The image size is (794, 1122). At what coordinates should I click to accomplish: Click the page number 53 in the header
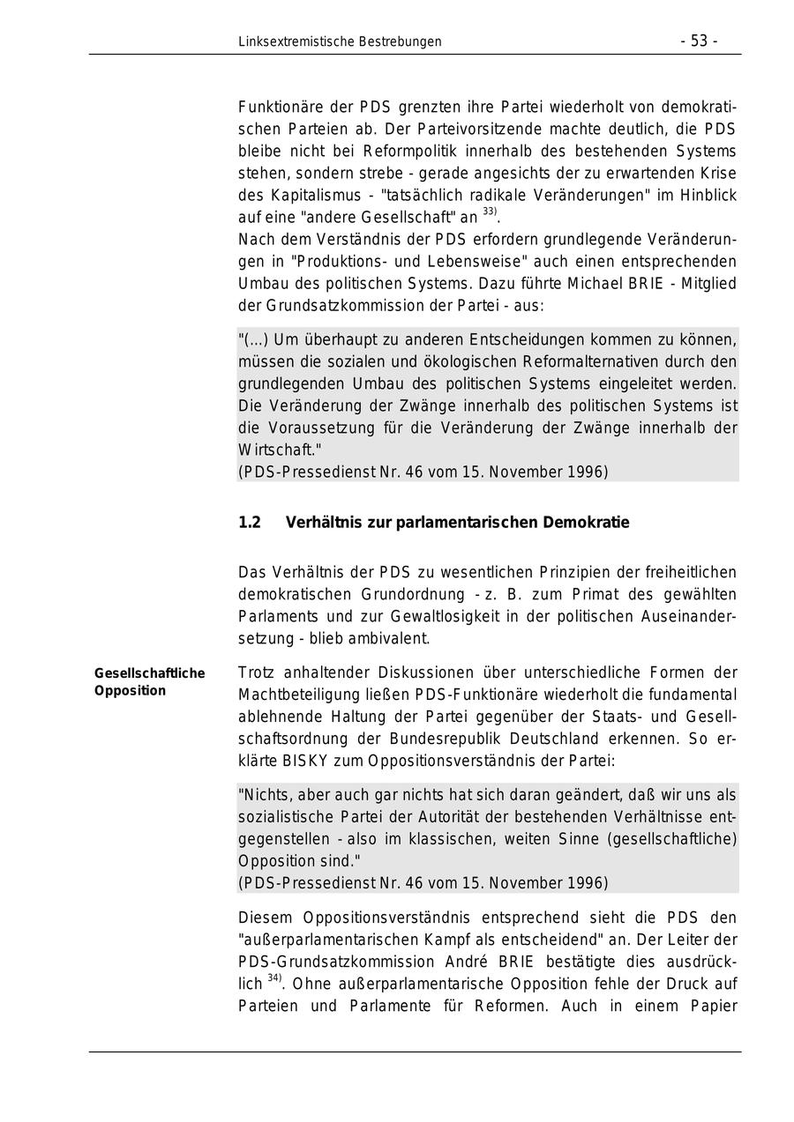pos(699,41)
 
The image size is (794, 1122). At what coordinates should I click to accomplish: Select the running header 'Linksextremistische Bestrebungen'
pos(340,41)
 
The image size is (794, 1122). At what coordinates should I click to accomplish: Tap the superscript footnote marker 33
pos(489,212)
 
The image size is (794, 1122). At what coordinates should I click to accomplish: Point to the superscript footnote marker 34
pos(273,979)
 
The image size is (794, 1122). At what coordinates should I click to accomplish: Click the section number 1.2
pos(250,523)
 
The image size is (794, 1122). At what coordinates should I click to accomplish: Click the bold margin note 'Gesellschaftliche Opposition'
pos(149,682)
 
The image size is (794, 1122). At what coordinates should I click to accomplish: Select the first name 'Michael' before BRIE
pos(574,284)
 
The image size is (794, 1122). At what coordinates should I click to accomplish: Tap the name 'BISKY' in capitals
pos(308,761)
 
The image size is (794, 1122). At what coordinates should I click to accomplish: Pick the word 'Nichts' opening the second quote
pos(264,794)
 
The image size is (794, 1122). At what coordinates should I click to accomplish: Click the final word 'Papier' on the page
pos(710,1006)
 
